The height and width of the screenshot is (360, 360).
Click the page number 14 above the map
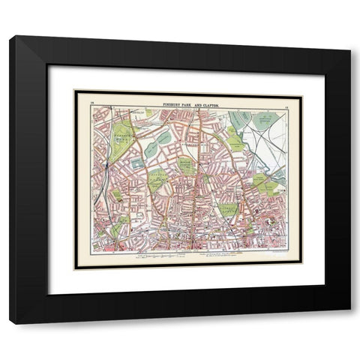(92, 98)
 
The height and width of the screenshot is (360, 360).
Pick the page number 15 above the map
(287, 98)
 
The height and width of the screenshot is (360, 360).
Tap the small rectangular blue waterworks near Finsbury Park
(137, 163)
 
